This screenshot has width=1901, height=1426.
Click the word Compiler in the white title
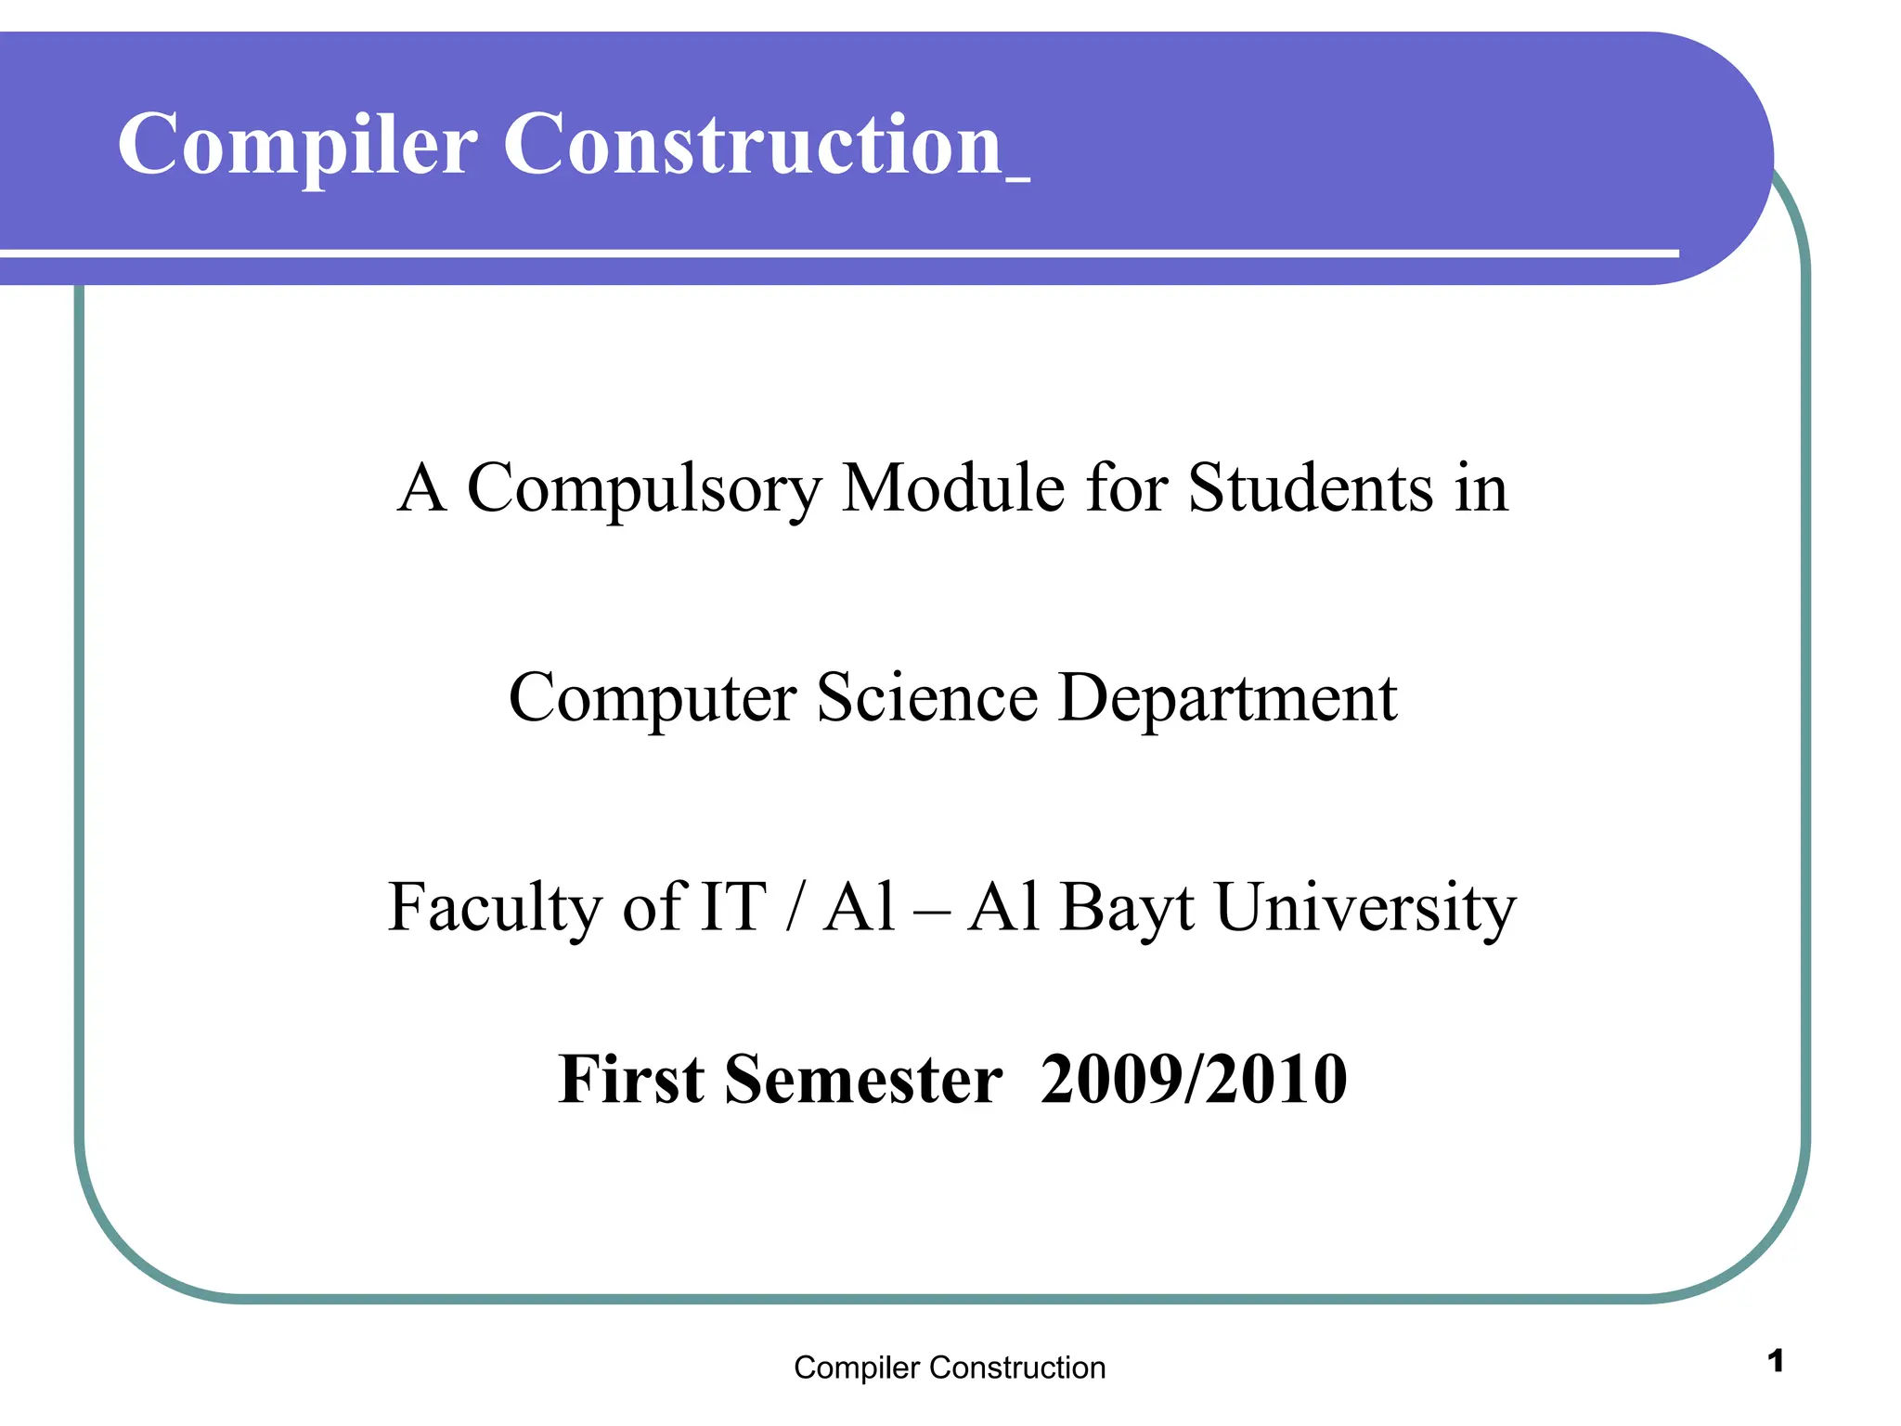click(297, 146)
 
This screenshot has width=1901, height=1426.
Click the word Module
click(953, 487)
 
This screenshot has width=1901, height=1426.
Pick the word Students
click(1311, 487)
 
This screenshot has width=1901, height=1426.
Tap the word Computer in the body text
click(653, 699)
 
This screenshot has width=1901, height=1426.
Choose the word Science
click(927, 697)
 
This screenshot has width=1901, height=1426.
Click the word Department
click(1227, 699)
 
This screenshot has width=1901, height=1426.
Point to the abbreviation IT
click(733, 907)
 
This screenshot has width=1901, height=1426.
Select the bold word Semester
click(863, 1080)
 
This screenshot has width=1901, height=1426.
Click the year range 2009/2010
click(1194, 1080)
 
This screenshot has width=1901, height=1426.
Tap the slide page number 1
click(1776, 1361)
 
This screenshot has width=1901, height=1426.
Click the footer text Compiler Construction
click(950, 1368)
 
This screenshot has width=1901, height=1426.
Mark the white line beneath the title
click(835, 253)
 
